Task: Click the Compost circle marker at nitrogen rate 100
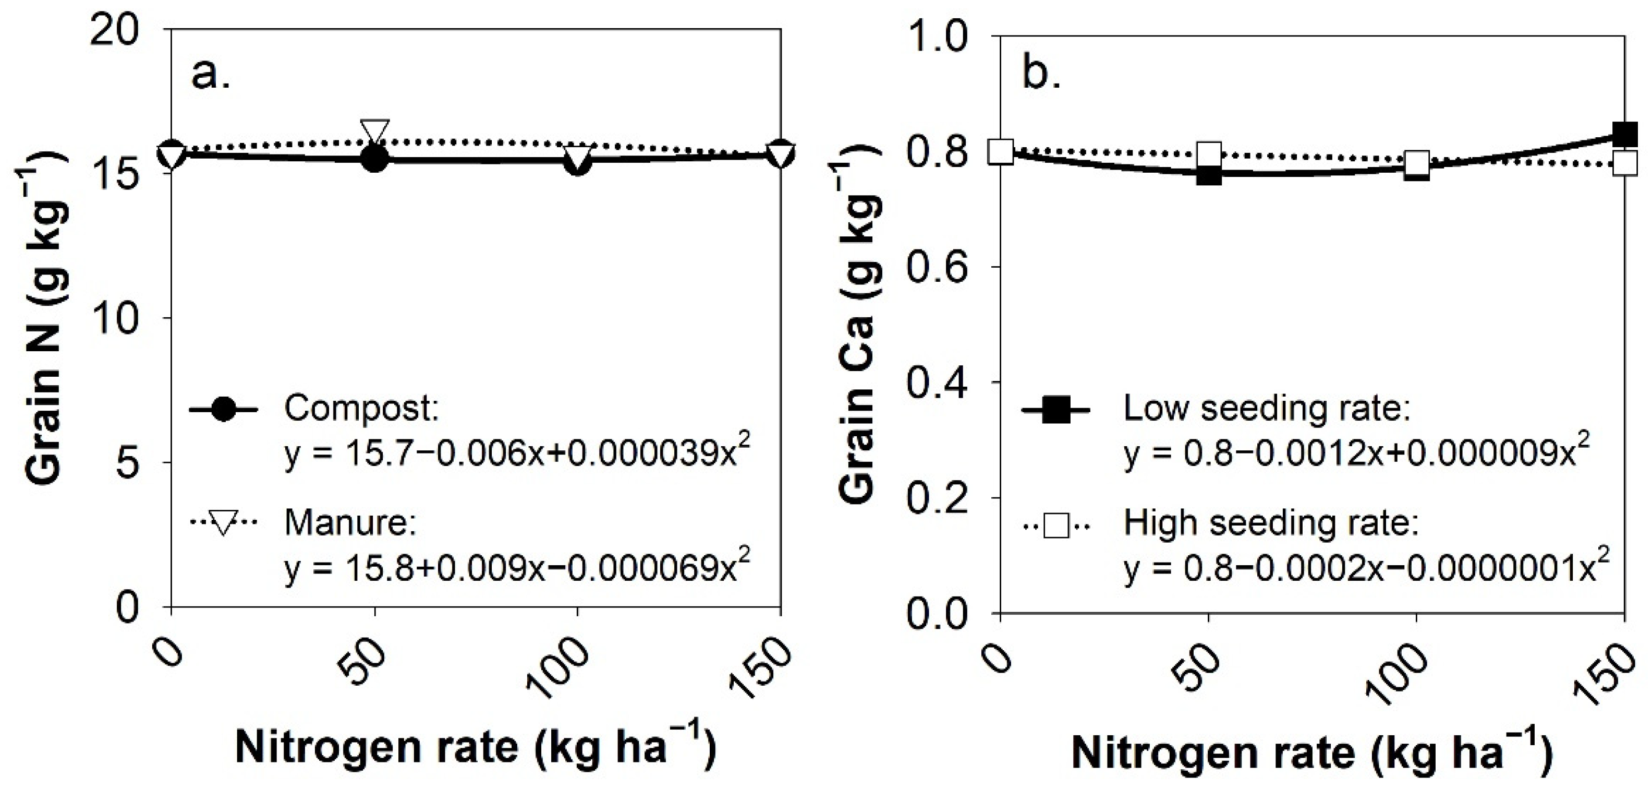coord(578,163)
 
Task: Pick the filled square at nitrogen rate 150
coord(1624,135)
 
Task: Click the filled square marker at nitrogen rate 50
coord(1209,174)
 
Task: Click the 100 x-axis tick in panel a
coord(556,671)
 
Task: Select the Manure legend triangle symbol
coord(224,522)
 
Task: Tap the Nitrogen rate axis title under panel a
coord(475,748)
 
